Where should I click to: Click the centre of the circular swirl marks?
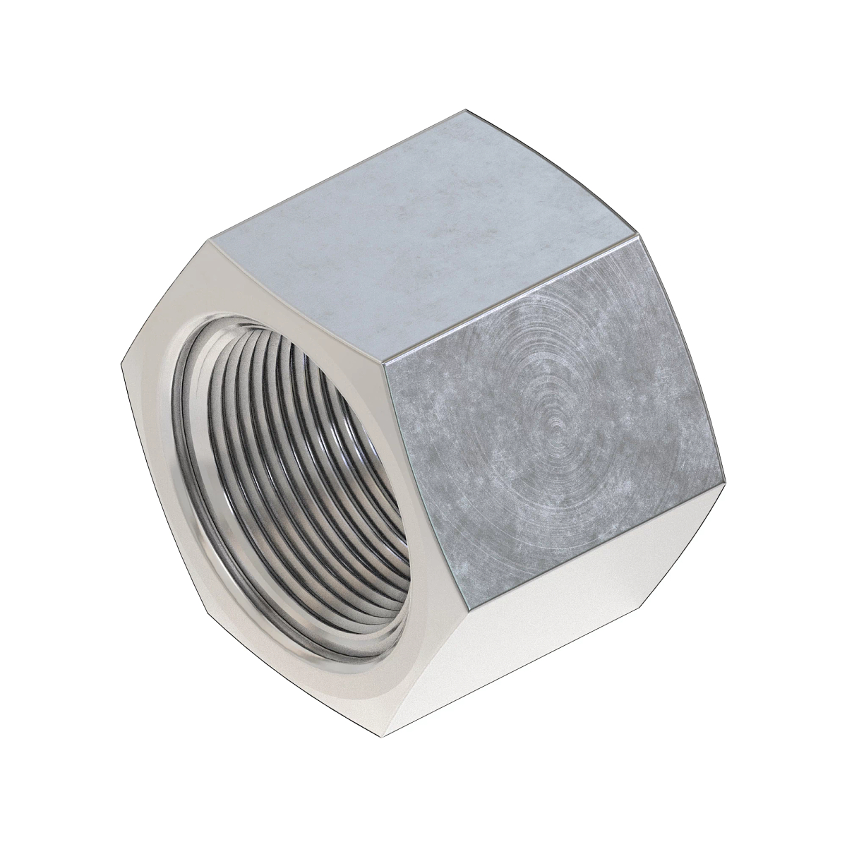(558, 427)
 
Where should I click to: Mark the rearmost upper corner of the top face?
(466, 111)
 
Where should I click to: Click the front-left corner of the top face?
(210, 240)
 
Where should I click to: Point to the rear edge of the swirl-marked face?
(681, 360)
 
